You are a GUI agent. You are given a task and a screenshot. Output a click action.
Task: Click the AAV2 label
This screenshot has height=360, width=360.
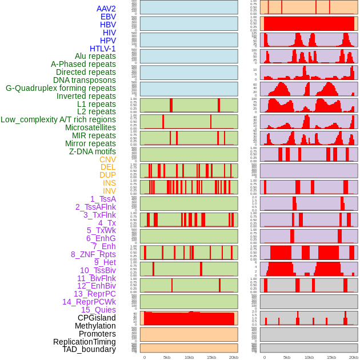pos(106,9)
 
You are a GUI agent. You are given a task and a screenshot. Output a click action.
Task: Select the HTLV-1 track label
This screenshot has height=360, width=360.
pos(103,49)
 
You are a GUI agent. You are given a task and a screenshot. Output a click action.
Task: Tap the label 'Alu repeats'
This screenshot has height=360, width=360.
pos(95,57)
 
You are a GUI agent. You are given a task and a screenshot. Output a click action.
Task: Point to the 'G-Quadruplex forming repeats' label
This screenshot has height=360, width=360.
pos(61,88)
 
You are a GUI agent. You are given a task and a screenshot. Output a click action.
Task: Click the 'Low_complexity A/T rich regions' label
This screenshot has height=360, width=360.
pos(58,119)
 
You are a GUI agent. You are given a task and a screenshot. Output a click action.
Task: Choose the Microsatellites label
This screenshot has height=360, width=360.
pos(90,127)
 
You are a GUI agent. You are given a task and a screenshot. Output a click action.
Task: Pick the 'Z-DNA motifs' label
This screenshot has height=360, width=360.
pos(93,151)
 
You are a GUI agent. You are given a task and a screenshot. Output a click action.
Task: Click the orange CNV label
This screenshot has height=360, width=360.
pos(107,159)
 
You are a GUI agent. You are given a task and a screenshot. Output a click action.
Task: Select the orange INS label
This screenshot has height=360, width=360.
pos(109,183)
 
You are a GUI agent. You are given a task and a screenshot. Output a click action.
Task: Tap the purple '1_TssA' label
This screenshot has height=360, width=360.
pos(103,199)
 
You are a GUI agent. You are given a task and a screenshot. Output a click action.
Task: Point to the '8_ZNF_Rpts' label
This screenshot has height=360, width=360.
pos(93,254)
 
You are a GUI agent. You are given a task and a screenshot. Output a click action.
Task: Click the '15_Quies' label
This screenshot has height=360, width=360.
pos(98,310)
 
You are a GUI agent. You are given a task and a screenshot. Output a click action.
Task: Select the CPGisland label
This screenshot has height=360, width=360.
pos(97,318)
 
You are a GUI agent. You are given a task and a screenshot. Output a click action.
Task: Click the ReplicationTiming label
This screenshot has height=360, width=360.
pos(85,342)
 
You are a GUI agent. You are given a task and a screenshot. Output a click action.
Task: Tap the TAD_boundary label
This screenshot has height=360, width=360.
pos(89,349)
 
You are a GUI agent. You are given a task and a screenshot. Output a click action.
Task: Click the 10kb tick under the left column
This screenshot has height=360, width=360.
pos(189,357)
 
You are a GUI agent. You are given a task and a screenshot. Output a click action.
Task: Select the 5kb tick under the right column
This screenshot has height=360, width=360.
pos(286,357)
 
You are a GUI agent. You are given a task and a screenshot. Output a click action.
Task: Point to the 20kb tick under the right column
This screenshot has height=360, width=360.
pos(354,357)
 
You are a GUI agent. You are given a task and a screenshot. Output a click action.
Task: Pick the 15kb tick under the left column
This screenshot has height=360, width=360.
pos(211,357)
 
